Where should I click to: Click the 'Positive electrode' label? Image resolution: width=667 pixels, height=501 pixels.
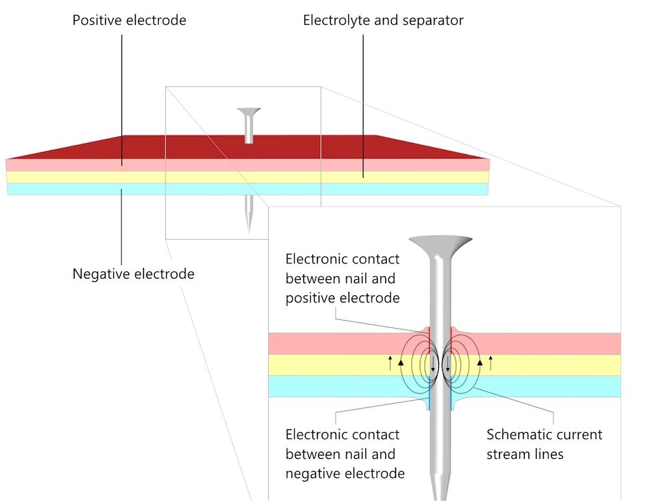point(129,20)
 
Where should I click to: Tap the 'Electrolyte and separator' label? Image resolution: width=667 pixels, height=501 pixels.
point(383,20)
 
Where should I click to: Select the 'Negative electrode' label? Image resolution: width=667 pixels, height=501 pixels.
point(133,274)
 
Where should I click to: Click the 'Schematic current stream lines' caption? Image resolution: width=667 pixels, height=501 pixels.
point(544,444)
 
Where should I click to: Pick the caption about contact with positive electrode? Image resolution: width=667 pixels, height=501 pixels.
point(342,278)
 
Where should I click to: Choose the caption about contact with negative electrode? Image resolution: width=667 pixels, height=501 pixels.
point(345,454)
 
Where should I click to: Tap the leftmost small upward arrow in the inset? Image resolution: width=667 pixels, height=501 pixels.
point(390,363)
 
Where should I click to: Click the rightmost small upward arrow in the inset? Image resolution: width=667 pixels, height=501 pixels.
point(491,363)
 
